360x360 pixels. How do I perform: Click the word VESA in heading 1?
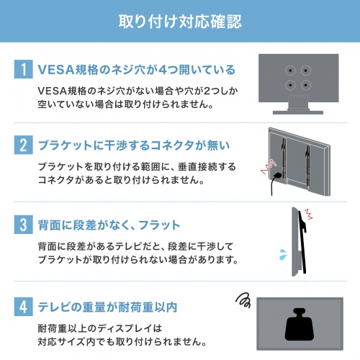[x=58, y=70]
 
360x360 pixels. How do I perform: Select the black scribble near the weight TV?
[x=243, y=299]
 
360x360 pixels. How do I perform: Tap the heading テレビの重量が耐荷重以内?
[x=108, y=307]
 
